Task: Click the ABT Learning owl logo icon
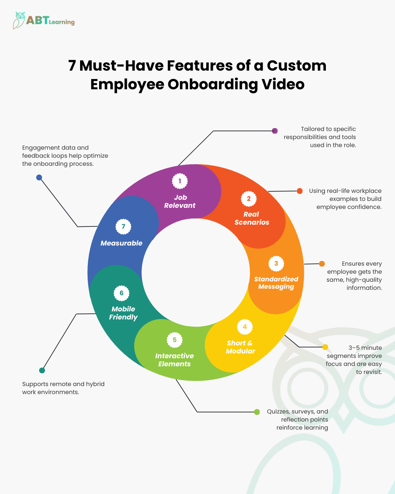[19, 20]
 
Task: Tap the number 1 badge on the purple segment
[180, 181]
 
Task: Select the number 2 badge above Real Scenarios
[249, 199]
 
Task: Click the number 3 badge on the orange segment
[276, 263]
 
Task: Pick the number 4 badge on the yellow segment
[245, 327]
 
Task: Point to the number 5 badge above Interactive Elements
[174, 340]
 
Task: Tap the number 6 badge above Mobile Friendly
[121, 293]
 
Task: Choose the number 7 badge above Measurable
[123, 227]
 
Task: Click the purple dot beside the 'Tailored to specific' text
[275, 131]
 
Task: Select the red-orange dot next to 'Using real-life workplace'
[300, 191]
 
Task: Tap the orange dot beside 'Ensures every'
[322, 264]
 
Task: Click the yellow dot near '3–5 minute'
[325, 347]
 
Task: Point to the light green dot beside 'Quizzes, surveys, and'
[257, 412]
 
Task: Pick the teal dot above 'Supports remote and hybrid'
[42, 370]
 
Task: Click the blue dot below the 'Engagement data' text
[39, 177]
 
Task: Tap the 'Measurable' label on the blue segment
[121, 243]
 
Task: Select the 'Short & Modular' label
[240, 347]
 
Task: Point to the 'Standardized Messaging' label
[276, 283]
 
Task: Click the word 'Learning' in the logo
[62, 22]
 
